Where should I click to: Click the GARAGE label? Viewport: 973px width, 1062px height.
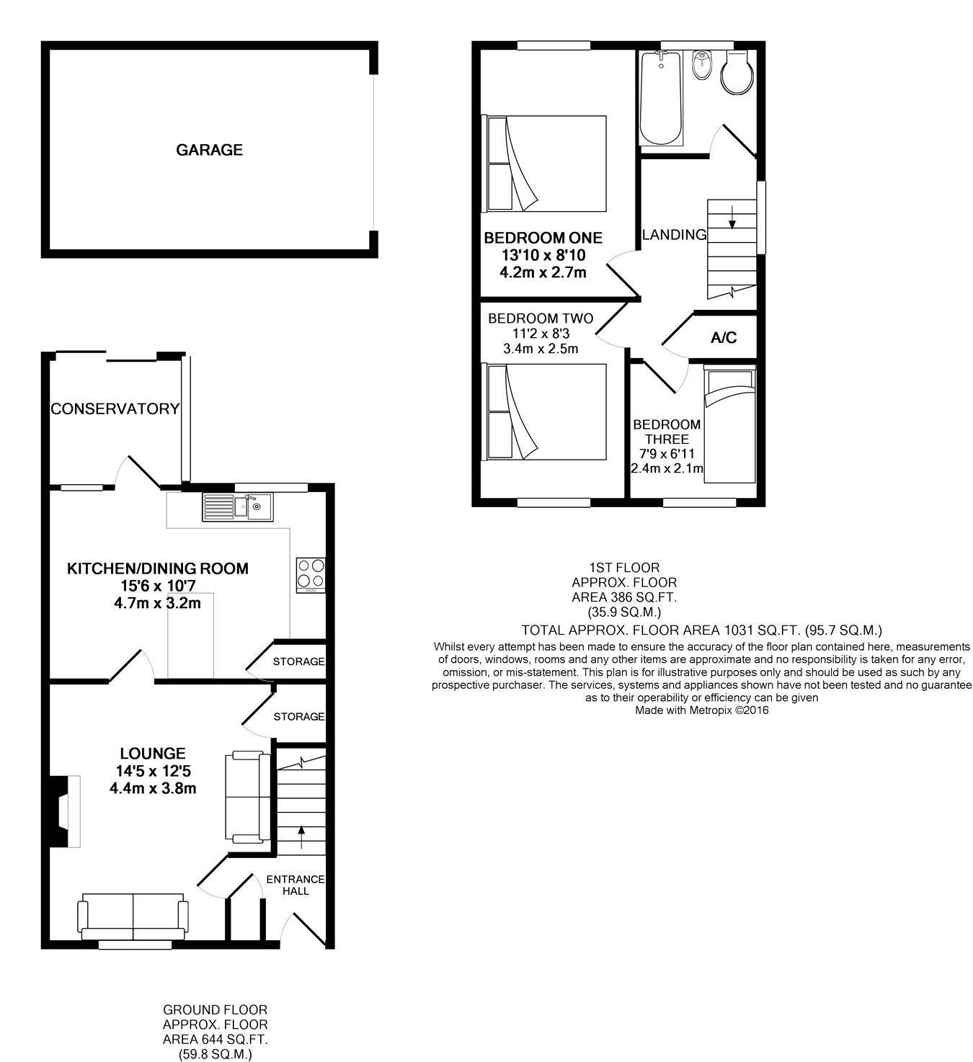pyautogui.click(x=209, y=150)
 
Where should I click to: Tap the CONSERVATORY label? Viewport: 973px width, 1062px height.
pyautogui.click(x=115, y=409)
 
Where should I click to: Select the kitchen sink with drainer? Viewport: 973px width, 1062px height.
pyautogui.click(x=237, y=507)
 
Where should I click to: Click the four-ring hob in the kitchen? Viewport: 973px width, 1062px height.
pyautogui.click(x=310, y=575)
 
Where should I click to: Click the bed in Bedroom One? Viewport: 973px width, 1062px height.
pyautogui.click(x=546, y=163)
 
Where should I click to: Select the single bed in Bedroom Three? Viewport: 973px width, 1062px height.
pyautogui.click(x=729, y=425)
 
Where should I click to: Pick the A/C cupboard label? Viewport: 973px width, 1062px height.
pyautogui.click(x=724, y=338)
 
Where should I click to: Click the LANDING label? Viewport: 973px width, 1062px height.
pyautogui.click(x=674, y=234)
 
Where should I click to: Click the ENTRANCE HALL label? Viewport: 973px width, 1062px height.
pyautogui.click(x=296, y=885)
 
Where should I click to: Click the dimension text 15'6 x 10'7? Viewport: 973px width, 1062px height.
pyautogui.click(x=157, y=586)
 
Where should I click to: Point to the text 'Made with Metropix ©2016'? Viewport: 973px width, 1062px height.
pyautogui.click(x=701, y=710)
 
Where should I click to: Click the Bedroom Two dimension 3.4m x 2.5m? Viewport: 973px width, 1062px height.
pyautogui.click(x=541, y=349)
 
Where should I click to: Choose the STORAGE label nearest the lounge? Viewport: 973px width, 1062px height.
pyautogui.click(x=298, y=716)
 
